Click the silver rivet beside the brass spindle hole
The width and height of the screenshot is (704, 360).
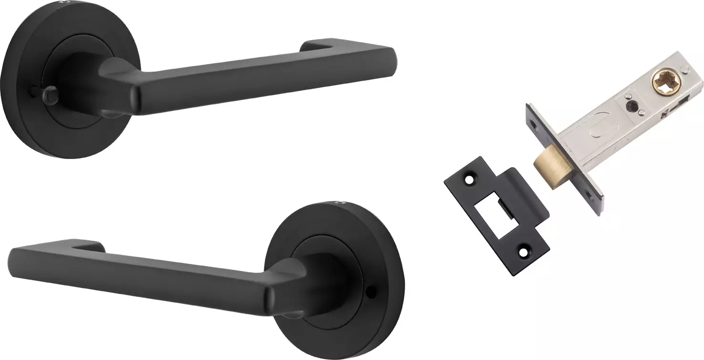(x=686, y=71)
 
